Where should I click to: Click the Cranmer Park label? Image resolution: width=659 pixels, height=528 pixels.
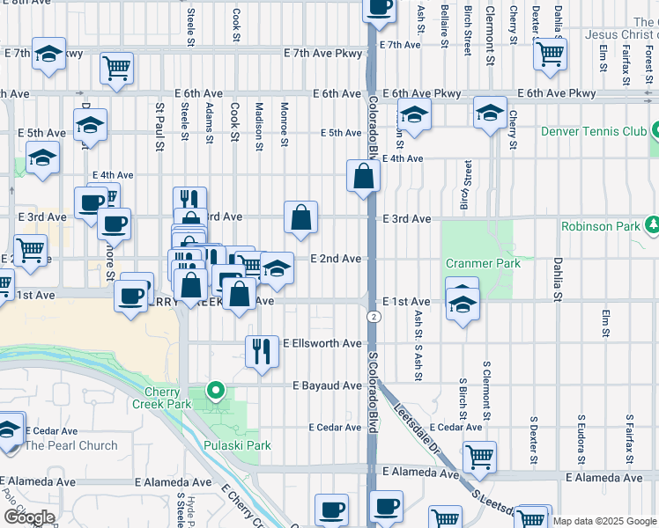tap(482, 263)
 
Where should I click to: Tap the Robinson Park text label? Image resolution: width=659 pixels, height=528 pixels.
tap(601, 226)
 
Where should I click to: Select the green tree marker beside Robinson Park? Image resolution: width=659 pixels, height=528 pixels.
tap(653, 226)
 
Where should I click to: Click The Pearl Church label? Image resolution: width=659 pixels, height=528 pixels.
tap(70, 445)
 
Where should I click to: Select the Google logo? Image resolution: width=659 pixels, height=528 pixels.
tap(29, 517)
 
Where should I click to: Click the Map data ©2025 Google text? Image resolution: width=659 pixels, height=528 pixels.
tap(604, 521)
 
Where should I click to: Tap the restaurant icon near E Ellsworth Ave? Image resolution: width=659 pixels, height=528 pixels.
tap(260, 351)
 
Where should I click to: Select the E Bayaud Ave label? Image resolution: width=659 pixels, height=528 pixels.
tap(328, 385)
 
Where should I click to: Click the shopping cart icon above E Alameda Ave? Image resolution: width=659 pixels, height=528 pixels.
tap(479, 456)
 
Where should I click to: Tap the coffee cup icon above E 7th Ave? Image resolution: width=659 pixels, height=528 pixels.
tap(379, 7)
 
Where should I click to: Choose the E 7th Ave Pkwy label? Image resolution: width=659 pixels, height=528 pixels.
tap(322, 54)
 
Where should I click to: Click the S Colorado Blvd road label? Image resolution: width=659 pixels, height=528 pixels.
tap(373, 391)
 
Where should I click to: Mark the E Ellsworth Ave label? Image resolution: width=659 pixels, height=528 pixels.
tap(322, 343)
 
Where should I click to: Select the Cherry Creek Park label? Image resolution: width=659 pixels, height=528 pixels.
tap(167, 397)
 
